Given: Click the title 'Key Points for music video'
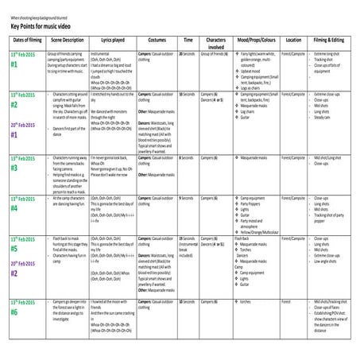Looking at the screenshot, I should tap(48, 25).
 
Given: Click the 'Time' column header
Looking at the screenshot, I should tap(188, 38).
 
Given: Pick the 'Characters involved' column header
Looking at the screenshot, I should tap(215, 41).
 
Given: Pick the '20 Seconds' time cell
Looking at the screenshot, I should tap(188, 52).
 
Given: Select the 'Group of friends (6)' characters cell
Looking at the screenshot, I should tap(215, 52).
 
